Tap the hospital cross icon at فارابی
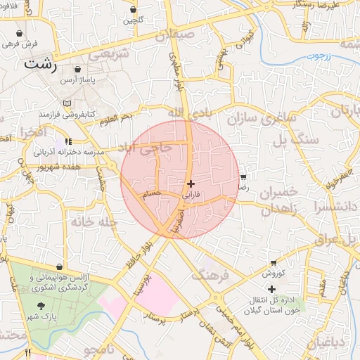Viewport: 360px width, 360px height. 191,183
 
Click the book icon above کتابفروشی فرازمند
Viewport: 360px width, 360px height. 67,103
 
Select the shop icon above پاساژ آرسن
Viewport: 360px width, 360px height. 76,70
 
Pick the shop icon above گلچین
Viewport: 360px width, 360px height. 134,10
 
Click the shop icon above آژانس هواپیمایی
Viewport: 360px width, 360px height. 59,267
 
